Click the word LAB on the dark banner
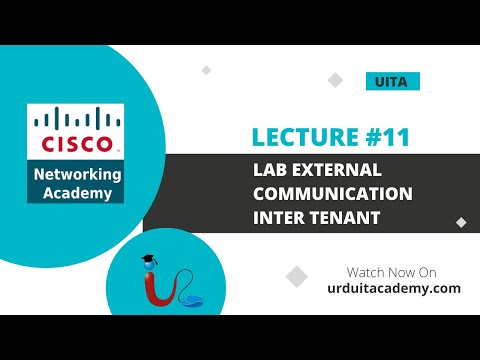(x=270, y=170)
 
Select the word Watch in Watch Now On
(x=365, y=272)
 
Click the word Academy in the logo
(x=76, y=192)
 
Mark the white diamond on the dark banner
(x=460, y=222)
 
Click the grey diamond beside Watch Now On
(x=297, y=276)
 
